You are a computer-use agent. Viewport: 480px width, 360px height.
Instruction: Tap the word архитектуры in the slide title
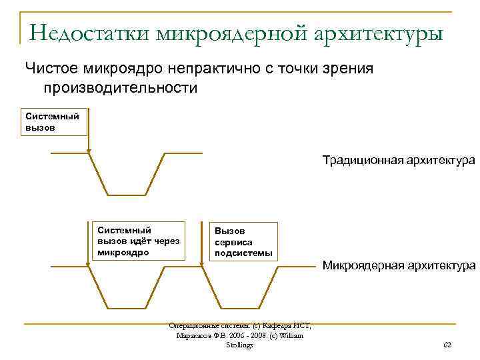[376, 31]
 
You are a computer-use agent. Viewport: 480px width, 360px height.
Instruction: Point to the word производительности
[121, 87]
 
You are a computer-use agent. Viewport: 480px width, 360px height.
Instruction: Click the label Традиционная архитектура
[398, 161]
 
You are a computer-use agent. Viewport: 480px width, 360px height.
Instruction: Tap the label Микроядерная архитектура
[398, 266]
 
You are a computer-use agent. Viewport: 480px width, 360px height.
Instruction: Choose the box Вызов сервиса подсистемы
[243, 241]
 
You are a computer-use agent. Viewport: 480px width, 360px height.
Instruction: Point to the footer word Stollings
[240, 345]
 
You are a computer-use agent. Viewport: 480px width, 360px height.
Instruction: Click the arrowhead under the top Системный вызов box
[88, 151]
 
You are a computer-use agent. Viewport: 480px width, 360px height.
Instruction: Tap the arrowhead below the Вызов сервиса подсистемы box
[202, 265]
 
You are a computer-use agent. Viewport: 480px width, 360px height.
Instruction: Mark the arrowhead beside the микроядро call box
[88, 265]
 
